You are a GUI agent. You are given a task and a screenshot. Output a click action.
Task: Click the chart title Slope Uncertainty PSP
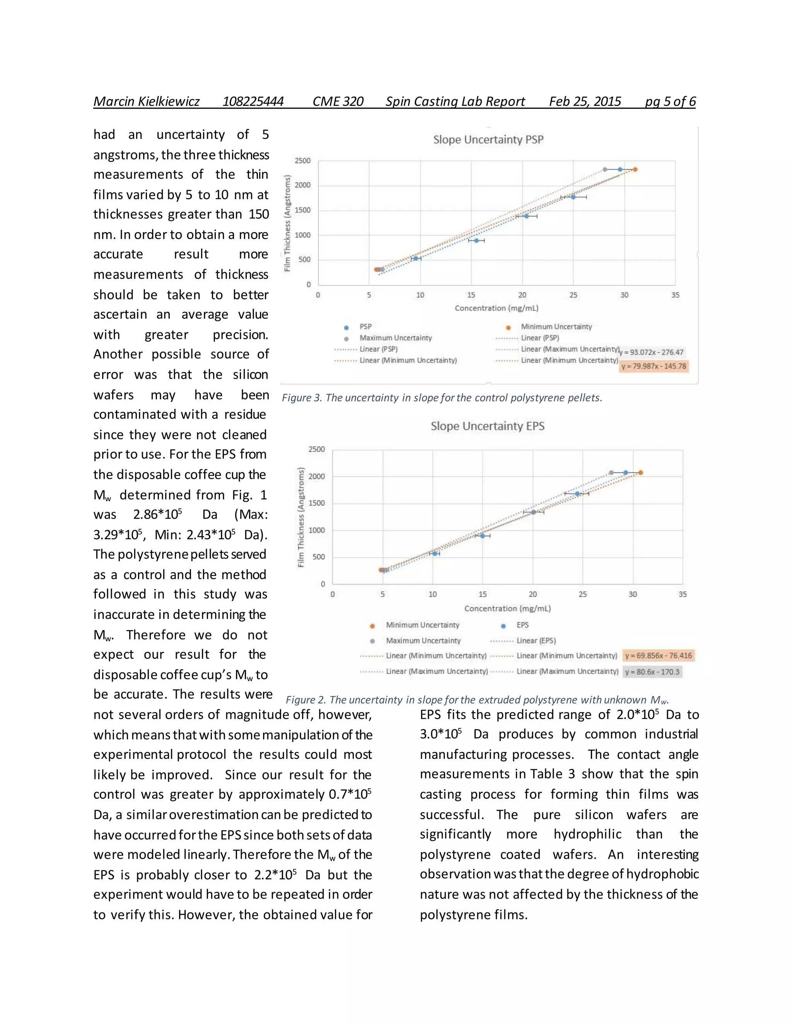488,139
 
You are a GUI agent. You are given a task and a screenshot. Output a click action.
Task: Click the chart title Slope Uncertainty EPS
488,426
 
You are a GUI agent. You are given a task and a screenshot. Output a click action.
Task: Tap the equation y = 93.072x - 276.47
652,352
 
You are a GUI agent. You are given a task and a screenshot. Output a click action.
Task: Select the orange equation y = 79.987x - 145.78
654,366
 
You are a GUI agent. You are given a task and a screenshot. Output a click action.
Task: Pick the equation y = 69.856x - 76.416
658,655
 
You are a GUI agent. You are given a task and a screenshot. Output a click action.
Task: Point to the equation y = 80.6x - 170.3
652,671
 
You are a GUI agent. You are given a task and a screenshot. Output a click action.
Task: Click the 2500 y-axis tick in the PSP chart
303,161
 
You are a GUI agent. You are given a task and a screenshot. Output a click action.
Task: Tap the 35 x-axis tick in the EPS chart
682,594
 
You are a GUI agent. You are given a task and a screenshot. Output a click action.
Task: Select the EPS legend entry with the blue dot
522,625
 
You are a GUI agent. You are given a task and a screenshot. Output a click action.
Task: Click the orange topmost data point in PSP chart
635,169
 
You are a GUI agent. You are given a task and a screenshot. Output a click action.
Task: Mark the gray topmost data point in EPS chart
611,473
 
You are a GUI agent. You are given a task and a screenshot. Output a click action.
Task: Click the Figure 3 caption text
442,398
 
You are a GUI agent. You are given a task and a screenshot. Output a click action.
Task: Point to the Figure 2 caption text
477,700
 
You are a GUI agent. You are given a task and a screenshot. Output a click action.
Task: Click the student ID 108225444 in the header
253,101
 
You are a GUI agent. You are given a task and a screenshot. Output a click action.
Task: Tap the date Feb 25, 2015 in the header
585,101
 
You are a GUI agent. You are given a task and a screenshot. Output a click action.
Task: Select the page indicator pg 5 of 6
670,101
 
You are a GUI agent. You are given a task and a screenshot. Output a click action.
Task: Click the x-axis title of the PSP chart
497,308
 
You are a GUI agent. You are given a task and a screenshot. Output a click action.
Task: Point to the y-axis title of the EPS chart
301,517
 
